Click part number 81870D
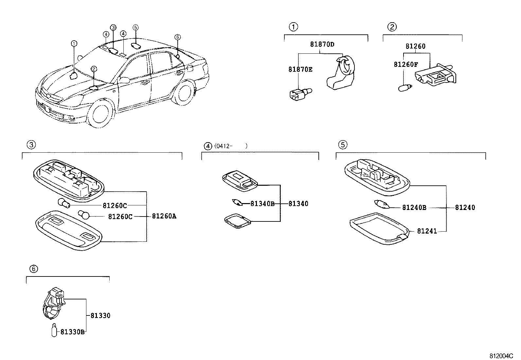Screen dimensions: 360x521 coord(322,44)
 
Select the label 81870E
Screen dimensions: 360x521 coord(300,69)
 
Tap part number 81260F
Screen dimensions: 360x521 coord(405,65)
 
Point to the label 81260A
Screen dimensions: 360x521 coord(164,216)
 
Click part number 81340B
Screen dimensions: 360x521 coord(262,204)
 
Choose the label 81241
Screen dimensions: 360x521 coord(427,231)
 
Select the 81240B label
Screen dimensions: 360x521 coord(414,207)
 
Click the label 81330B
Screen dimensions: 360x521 coord(72,332)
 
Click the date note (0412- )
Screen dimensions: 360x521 coord(230,146)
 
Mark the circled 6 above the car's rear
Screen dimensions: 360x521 coord(177,37)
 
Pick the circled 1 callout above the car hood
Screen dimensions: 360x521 coord(74,43)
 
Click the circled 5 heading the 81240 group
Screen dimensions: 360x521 coord(342,144)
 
